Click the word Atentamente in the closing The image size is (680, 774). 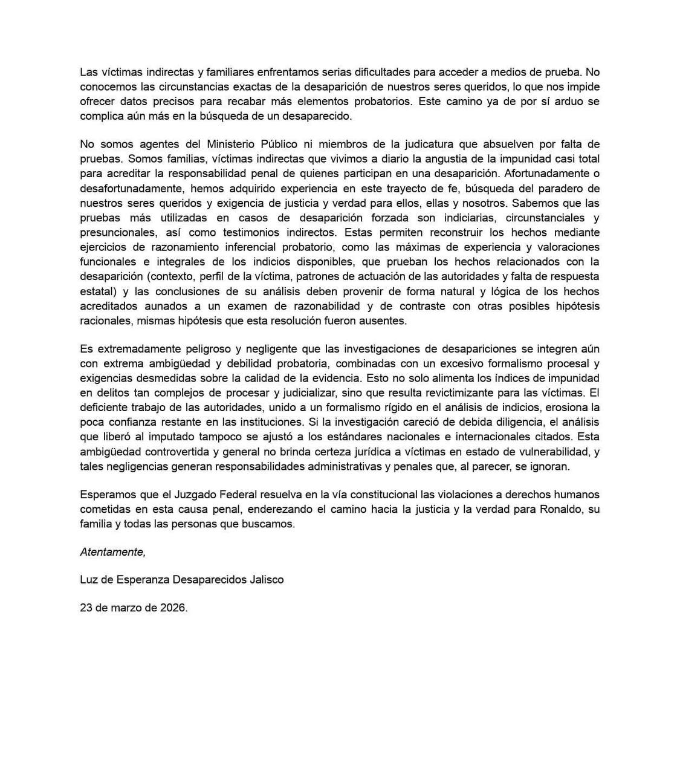click(x=112, y=551)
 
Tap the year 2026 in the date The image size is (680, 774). click(x=173, y=608)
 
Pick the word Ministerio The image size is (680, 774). click(x=232, y=144)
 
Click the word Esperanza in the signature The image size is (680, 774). click(x=143, y=579)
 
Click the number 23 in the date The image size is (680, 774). click(x=86, y=608)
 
